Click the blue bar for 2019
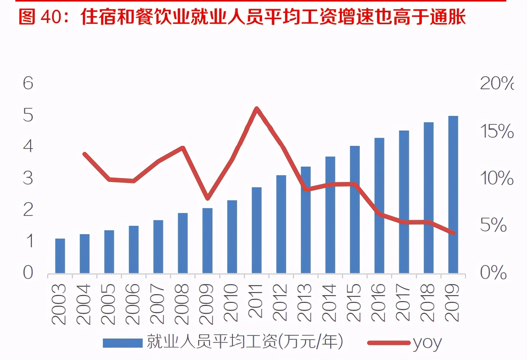pos(453,195)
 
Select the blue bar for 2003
pos(60,256)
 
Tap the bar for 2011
pos(257,230)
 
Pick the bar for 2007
pos(158,247)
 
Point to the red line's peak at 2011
pos(257,109)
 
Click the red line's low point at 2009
pos(208,198)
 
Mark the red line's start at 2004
pos(85,154)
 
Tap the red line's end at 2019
pos(453,233)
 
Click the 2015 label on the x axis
pos(354,302)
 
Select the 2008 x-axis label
pos(182,304)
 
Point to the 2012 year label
pos(280,302)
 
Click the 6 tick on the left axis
pos(28,83)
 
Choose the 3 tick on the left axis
pos(28,178)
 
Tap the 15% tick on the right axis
pos(497,131)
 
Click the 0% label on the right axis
pos(493,272)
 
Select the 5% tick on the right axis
pos(493,225)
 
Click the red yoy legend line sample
pos(388,343)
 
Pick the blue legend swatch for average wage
pos(123,343)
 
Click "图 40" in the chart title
pos(40,17)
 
